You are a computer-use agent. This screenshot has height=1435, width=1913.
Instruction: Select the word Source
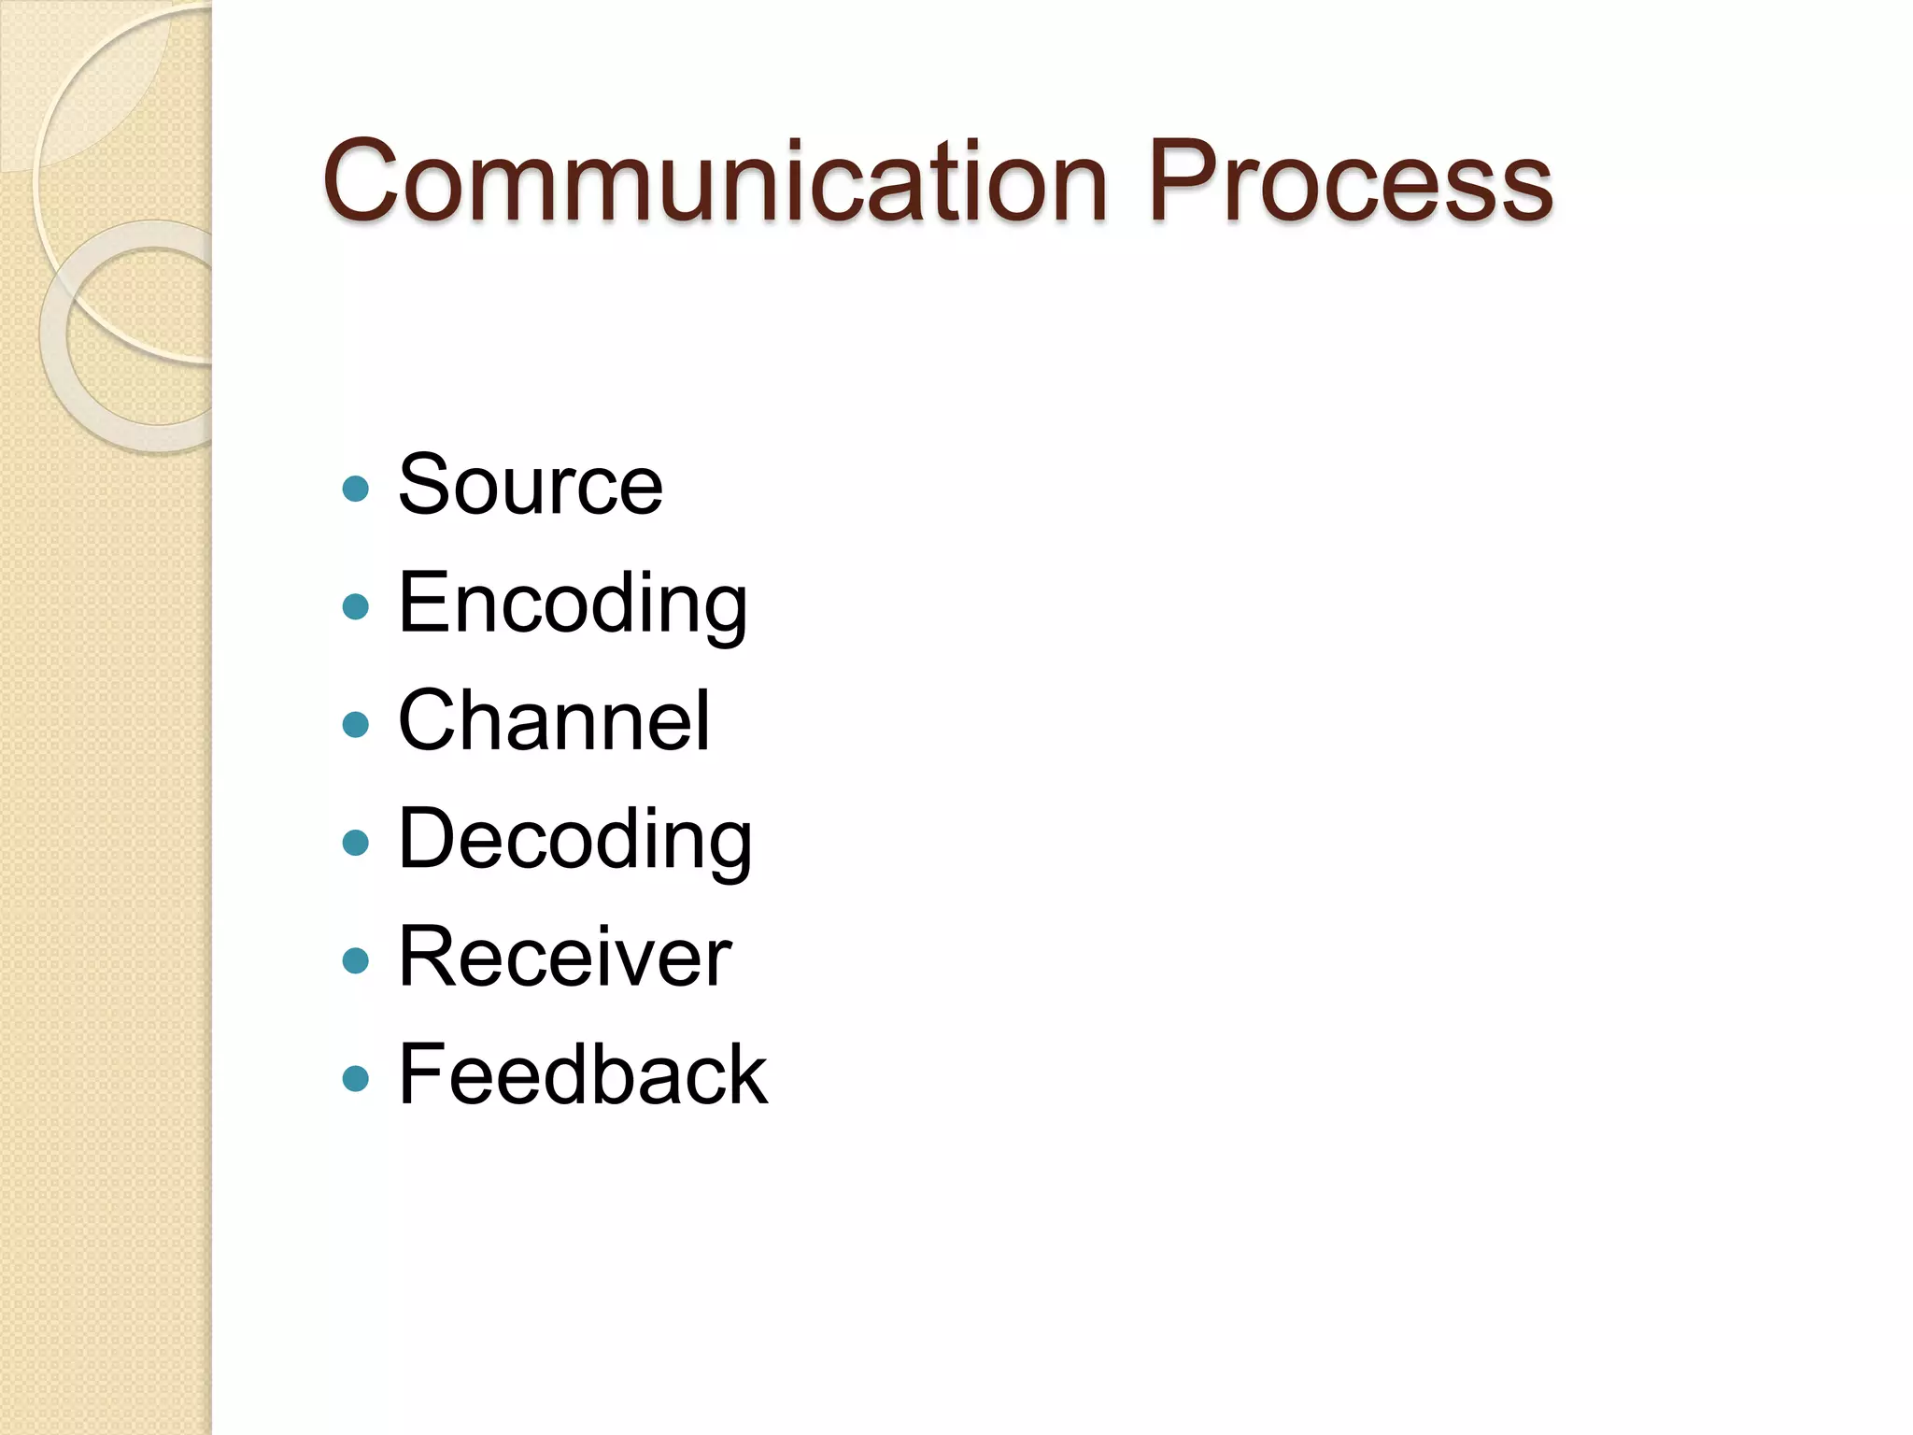[531, 485]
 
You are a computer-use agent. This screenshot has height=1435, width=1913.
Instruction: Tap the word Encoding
[573, 604]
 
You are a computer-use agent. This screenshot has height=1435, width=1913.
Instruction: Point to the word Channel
[554, 721]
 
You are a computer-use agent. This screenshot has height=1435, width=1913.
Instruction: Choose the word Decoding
[574, 840]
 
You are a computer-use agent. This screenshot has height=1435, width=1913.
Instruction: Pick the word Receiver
[564, 958]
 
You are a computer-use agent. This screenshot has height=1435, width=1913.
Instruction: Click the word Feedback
[583, 1076]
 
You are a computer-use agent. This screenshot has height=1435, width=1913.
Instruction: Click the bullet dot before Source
[356, 489]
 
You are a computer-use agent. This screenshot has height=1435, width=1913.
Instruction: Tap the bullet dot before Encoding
[356, 607]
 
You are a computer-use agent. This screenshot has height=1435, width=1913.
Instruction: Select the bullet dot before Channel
[356, 725]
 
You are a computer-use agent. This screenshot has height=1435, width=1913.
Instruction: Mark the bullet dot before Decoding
[356, 844]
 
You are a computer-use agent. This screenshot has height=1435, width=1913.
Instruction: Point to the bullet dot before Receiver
[356, 961]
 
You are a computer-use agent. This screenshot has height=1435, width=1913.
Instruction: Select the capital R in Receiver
[426, 957]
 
